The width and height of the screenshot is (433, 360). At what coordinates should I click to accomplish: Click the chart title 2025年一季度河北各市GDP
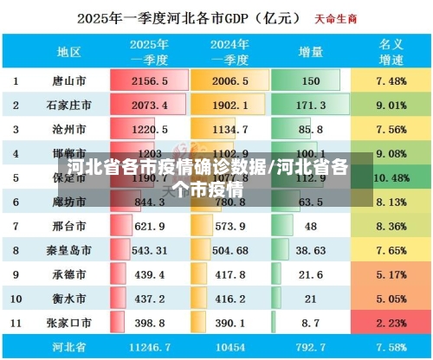coord(186,17)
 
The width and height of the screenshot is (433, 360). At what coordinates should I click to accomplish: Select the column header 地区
coord(69,51)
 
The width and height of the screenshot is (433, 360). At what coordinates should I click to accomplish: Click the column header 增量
coord(309,51)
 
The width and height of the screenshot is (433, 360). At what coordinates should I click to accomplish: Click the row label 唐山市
coord(69,80)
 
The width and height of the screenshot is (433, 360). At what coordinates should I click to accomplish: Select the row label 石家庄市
coord(69,105)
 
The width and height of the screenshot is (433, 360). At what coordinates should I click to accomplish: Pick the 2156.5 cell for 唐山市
coord(149,80)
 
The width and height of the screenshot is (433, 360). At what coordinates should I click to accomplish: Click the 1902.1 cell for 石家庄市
coord(230,105)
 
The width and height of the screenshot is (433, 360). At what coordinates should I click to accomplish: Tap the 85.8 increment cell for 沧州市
coord(309,130)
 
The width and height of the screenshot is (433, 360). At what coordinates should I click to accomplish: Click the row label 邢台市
coord(69,226)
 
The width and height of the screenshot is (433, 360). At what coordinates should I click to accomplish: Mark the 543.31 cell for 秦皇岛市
coord(149,250)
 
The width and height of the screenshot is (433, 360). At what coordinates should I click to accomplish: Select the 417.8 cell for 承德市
coord(230,274)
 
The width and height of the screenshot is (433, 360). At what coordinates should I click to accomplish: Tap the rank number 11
coord(16,323)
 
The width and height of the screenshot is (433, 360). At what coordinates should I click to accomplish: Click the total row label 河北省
coord(69,348)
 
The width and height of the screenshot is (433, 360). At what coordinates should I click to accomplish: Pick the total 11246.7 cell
coord(149,348)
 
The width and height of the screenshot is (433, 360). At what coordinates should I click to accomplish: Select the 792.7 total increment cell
coord(309,348)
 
